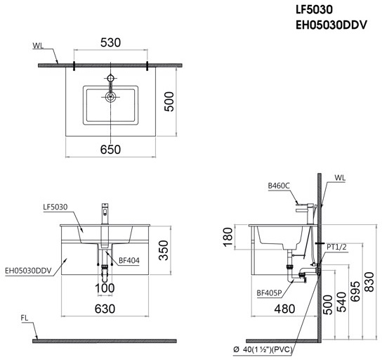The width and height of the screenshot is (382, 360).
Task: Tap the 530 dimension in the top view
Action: click(x=110, y=43)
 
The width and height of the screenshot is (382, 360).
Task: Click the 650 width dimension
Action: click(x=110, y=148)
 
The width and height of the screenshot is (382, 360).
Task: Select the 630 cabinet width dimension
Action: click(x=105, y=307)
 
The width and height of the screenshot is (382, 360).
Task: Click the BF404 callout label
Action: click(x=129, y=259)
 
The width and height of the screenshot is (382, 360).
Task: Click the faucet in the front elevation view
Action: click(x=105, y=212)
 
